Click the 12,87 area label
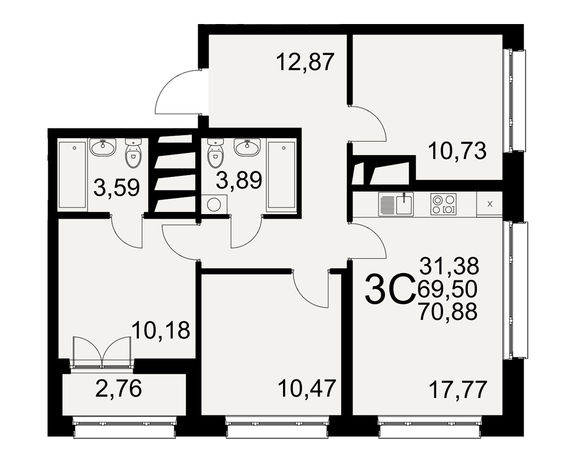(305, 62)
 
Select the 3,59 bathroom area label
(116, 187)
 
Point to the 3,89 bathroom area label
(239, 180)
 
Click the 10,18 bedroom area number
(161, 330)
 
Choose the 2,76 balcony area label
(118, 388)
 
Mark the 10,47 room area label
(307, 388)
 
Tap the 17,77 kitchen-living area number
(458, 390)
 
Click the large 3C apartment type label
(390, 290)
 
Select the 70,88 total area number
(448, 311)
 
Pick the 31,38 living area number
(449, 266)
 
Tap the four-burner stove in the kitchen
(444, 204)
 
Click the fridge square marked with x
(490, 204)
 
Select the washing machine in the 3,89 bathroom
(214, 204)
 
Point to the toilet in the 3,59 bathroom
(133, 153)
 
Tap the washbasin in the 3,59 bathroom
(103, 147)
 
